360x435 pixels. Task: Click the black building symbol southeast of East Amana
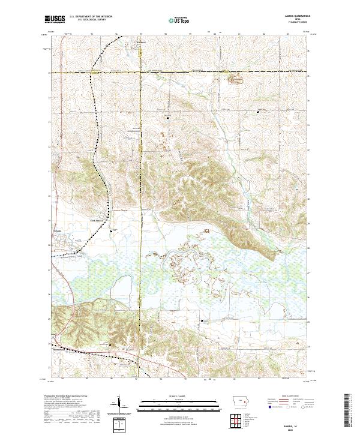(111, 229)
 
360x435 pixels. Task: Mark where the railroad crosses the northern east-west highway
(93, 72)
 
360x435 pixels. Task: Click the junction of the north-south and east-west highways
(141, 72)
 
